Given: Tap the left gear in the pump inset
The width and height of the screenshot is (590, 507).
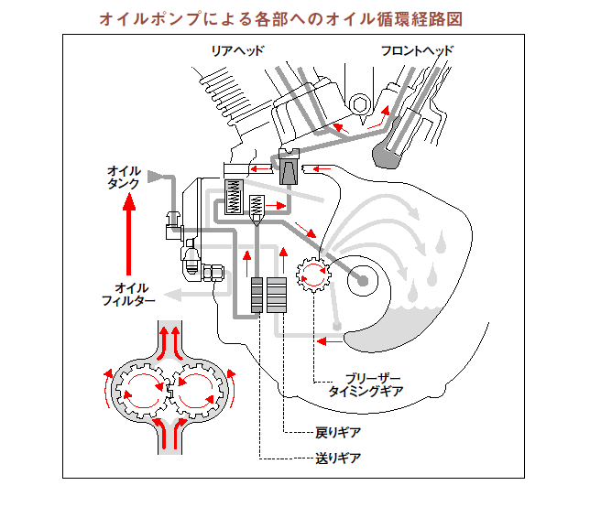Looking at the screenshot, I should (142, 386).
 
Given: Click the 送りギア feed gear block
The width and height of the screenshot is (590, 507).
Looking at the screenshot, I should (257, 294).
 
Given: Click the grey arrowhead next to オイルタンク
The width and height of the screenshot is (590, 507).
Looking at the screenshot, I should (156, 173).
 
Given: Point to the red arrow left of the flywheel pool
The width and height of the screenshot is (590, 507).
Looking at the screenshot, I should (322, 341).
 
